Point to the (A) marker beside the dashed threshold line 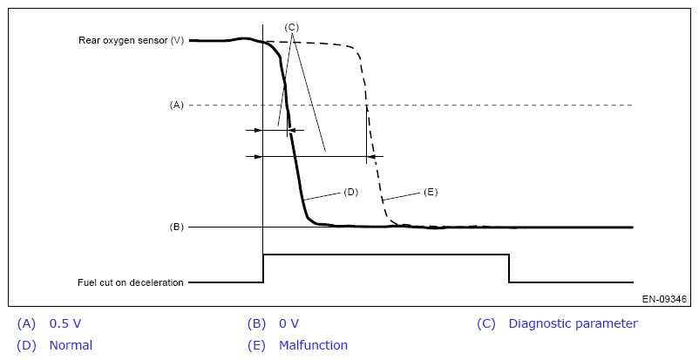pos(176,105)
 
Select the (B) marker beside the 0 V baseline pos(176,227)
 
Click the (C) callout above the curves pos(292,27)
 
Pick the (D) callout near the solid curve pos(351,192)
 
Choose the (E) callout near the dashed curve pos(430,192)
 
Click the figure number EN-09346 pos(664,299)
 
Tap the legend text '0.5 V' pos(66,323)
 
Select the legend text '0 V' pos(288,323)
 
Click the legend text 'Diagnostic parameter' pos(573,323)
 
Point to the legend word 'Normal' pos(71,345)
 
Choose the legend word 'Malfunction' pos(313,345)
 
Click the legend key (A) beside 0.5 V pos(26,323)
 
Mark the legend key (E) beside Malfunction pos(256,345)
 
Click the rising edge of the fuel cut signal pos(263,268)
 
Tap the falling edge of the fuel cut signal pos(509,268)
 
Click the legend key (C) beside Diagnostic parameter pos(486,323)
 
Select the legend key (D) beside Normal pos(26,345)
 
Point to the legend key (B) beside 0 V pos(256,323)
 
